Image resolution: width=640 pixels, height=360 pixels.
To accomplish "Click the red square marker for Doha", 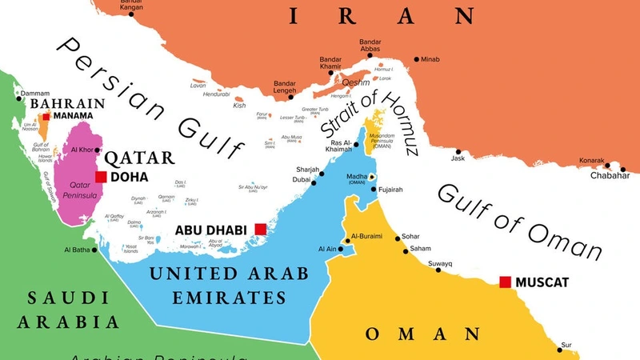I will pyautogui.click(x=101, y=177).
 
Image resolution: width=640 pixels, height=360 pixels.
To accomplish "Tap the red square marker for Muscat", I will pyautogui.click(x=505, y=282).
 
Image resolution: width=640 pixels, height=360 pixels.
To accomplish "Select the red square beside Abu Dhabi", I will pyautogui.click(x=260, y=230).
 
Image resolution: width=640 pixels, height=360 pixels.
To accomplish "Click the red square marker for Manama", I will pyautogui.click(x=46, y=117).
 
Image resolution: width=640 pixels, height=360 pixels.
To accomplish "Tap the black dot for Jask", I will pyautogui.click(x=458, y=152).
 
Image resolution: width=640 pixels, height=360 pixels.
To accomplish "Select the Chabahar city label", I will pyautogui.click(x=610, y=175).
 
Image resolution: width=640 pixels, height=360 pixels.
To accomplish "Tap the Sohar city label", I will pyautogui.click(x=410, y=237).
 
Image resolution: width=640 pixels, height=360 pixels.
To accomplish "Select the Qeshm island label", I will pyautogui.click(x=355, y=82).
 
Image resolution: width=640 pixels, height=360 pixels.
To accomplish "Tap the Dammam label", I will pyautogui.click(x=35, y=94).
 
